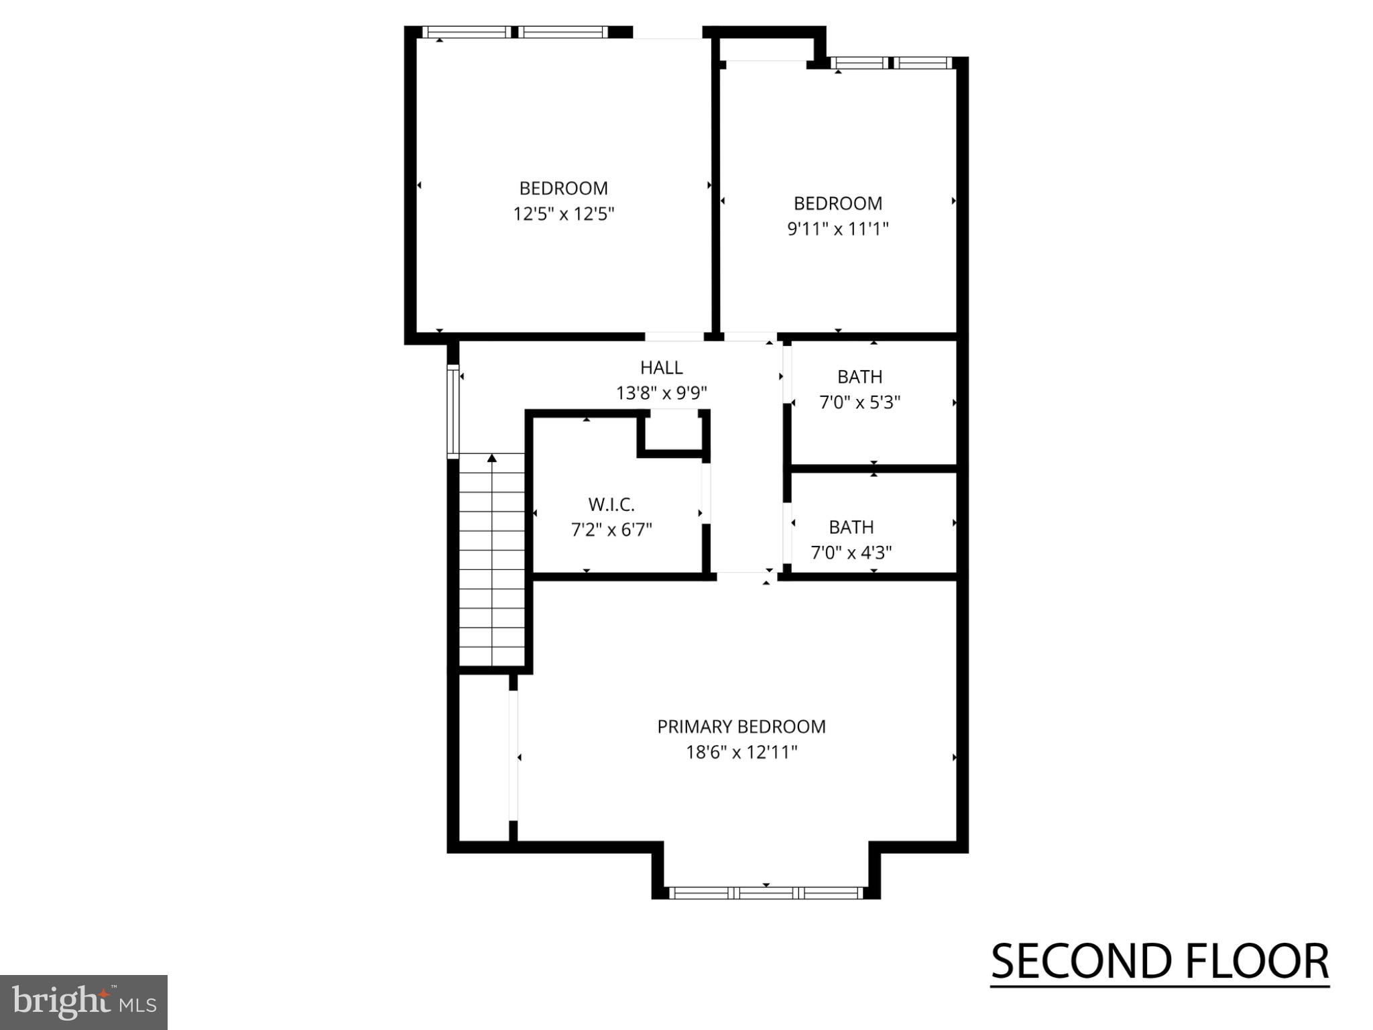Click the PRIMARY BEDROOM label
pos(741,727)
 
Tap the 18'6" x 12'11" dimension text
pos(741,752)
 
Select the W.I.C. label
pos(611,504)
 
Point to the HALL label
pos(661,367)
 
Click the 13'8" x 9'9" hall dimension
pos(661,393)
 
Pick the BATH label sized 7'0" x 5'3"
pos(859,377)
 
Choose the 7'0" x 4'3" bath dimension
pos(851,553)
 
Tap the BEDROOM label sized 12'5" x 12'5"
pos(563,188)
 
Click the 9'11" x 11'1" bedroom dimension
pos(837,229)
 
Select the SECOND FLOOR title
pos(1159,962)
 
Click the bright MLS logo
pos(84,1002)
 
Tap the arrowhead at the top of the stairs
pos(492,458)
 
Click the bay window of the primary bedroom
pos(766,893)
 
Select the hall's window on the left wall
pos(453,410)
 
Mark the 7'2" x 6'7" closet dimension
pos(611,530)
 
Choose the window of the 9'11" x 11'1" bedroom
pos(891,63)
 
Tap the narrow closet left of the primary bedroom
pos(483,756)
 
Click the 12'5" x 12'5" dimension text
pos(563,214)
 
